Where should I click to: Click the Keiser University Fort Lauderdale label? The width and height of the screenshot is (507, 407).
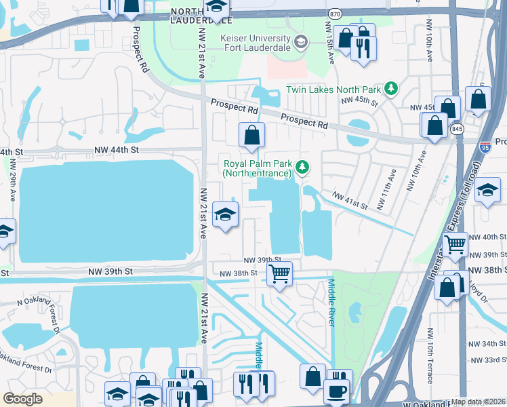coord(255,43)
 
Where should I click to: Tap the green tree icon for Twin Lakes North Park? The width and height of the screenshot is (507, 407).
coord(390,88)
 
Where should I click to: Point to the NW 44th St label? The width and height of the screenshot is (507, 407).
coord(115,149)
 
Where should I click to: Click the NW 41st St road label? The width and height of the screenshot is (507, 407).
coord(349,200)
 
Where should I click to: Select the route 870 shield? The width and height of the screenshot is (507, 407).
coord(333,13)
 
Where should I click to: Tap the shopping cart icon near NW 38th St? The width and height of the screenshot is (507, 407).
coord(279,273)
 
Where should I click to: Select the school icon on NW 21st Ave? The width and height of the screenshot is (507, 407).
coord(225,215)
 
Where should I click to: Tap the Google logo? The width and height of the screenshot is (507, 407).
coord(23,399)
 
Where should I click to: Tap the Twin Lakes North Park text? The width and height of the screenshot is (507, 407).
coord(333,89)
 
